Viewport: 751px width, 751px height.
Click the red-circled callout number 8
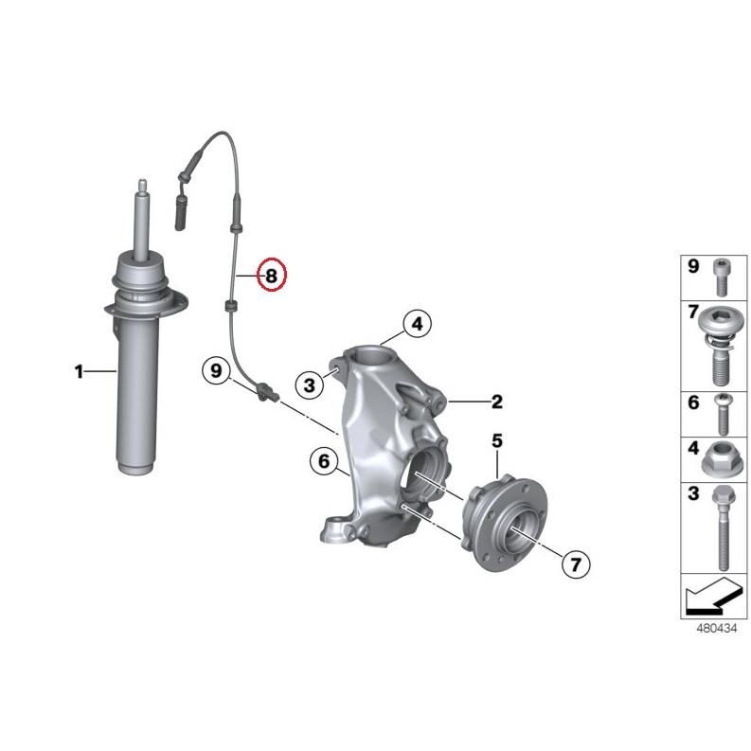271,276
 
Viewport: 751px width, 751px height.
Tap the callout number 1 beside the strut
80,372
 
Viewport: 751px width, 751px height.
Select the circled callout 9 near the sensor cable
217,371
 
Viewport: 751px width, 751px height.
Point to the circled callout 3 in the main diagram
309,384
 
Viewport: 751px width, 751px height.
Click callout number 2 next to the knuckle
496,402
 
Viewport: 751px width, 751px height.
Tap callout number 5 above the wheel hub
496,440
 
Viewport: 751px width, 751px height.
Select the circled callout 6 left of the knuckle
323,461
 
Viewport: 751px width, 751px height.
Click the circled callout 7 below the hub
574,564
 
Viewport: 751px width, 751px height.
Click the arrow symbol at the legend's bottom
708,598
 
